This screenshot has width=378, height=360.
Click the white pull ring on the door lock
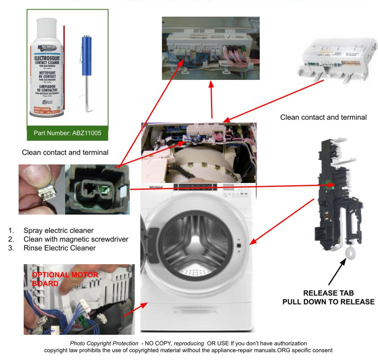[350, 253]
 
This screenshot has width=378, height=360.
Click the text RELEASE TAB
[328, 293]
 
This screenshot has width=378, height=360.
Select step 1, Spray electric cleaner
[58, 231]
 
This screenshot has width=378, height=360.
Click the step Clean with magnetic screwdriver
[76, 240]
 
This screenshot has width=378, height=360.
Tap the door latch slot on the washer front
[239, 245]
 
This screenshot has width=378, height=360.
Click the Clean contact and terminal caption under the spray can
[65, 153]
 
